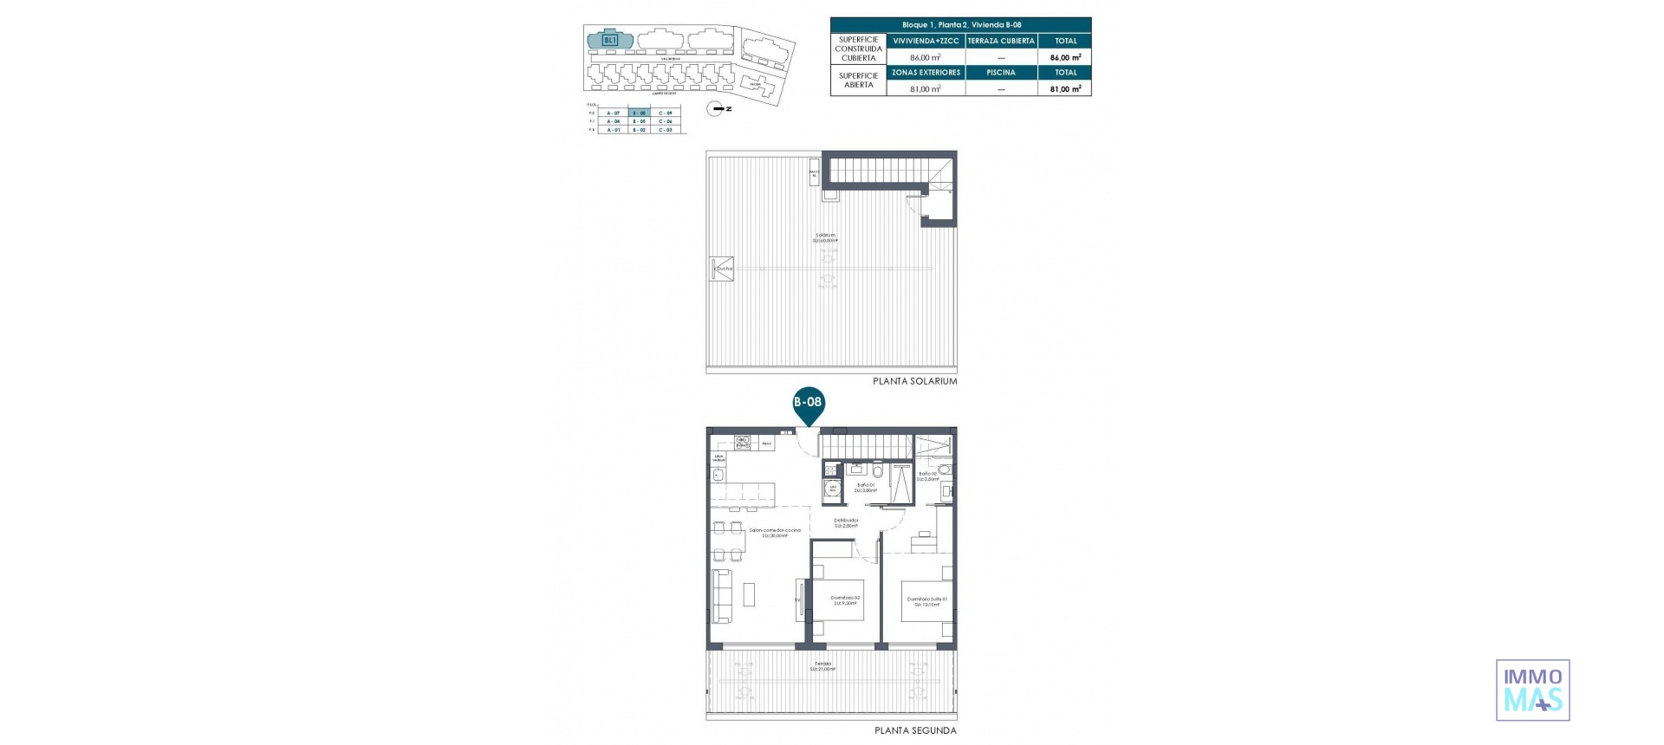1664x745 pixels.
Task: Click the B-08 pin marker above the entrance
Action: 808,404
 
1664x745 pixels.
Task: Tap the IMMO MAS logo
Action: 1532,690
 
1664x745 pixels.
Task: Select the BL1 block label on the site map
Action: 609,40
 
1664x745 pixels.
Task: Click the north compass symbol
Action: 718,108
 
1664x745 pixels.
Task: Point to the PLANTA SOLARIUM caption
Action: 914,381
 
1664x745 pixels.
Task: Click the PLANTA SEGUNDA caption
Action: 915,730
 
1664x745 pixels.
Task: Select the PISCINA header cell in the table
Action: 1000,73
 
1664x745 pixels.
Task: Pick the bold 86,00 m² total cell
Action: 1065,57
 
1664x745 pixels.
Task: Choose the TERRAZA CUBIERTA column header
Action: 1000,41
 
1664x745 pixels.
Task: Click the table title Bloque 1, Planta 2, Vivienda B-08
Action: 961,25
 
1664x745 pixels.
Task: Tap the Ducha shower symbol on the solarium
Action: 722,268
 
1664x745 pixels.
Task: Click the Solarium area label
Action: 825,237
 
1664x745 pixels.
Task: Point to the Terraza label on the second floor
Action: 822,666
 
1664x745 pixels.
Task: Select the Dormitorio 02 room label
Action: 845,599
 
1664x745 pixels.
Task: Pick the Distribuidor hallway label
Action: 846,522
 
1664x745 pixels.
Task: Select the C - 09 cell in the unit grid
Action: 665,113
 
